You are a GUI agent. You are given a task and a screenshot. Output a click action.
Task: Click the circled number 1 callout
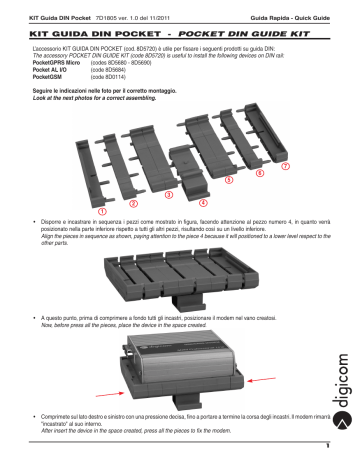pos(103,212)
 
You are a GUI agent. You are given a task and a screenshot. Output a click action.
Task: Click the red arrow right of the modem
pos(283,381)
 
